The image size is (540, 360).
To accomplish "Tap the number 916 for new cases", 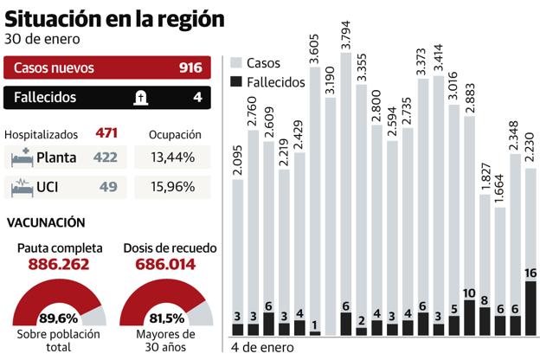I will click(x=190, y=67).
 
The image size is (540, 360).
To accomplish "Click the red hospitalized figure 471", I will click(x=107, y=133).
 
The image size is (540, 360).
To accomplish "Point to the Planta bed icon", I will click(x=22, y=158).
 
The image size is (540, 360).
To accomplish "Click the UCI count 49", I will click(x=109, y=186).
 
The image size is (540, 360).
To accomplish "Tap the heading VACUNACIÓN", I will click(x=46, y=222).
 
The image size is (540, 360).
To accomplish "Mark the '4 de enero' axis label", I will click(x=263, y=348).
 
